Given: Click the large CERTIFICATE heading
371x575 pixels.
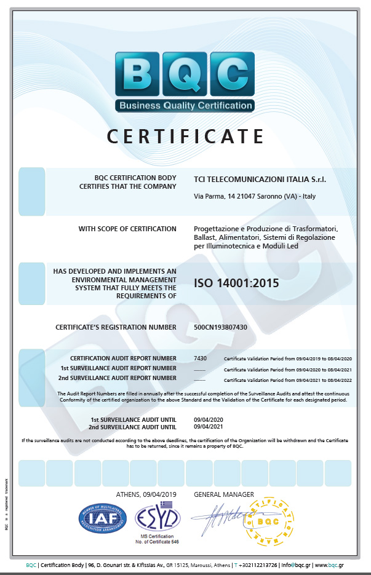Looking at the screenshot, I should coord(185,136).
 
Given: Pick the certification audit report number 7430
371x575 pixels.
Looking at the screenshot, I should coord(200,358).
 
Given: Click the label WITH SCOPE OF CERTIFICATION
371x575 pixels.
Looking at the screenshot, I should coord(127,229).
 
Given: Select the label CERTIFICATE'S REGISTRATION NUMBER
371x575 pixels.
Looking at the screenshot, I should coord(116,327).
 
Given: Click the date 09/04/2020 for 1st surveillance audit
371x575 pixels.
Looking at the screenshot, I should coord(207,419).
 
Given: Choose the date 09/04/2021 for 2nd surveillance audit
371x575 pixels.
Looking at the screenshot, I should coord(207,427).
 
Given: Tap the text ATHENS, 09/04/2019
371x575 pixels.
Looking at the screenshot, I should coord(146,494).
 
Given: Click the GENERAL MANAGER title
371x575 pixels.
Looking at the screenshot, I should coord(223,494).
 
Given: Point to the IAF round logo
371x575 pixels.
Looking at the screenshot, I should coord(103,518).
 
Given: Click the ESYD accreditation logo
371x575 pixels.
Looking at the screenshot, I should coord(158,518).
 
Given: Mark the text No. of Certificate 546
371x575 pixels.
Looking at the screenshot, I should coord(158,542).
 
